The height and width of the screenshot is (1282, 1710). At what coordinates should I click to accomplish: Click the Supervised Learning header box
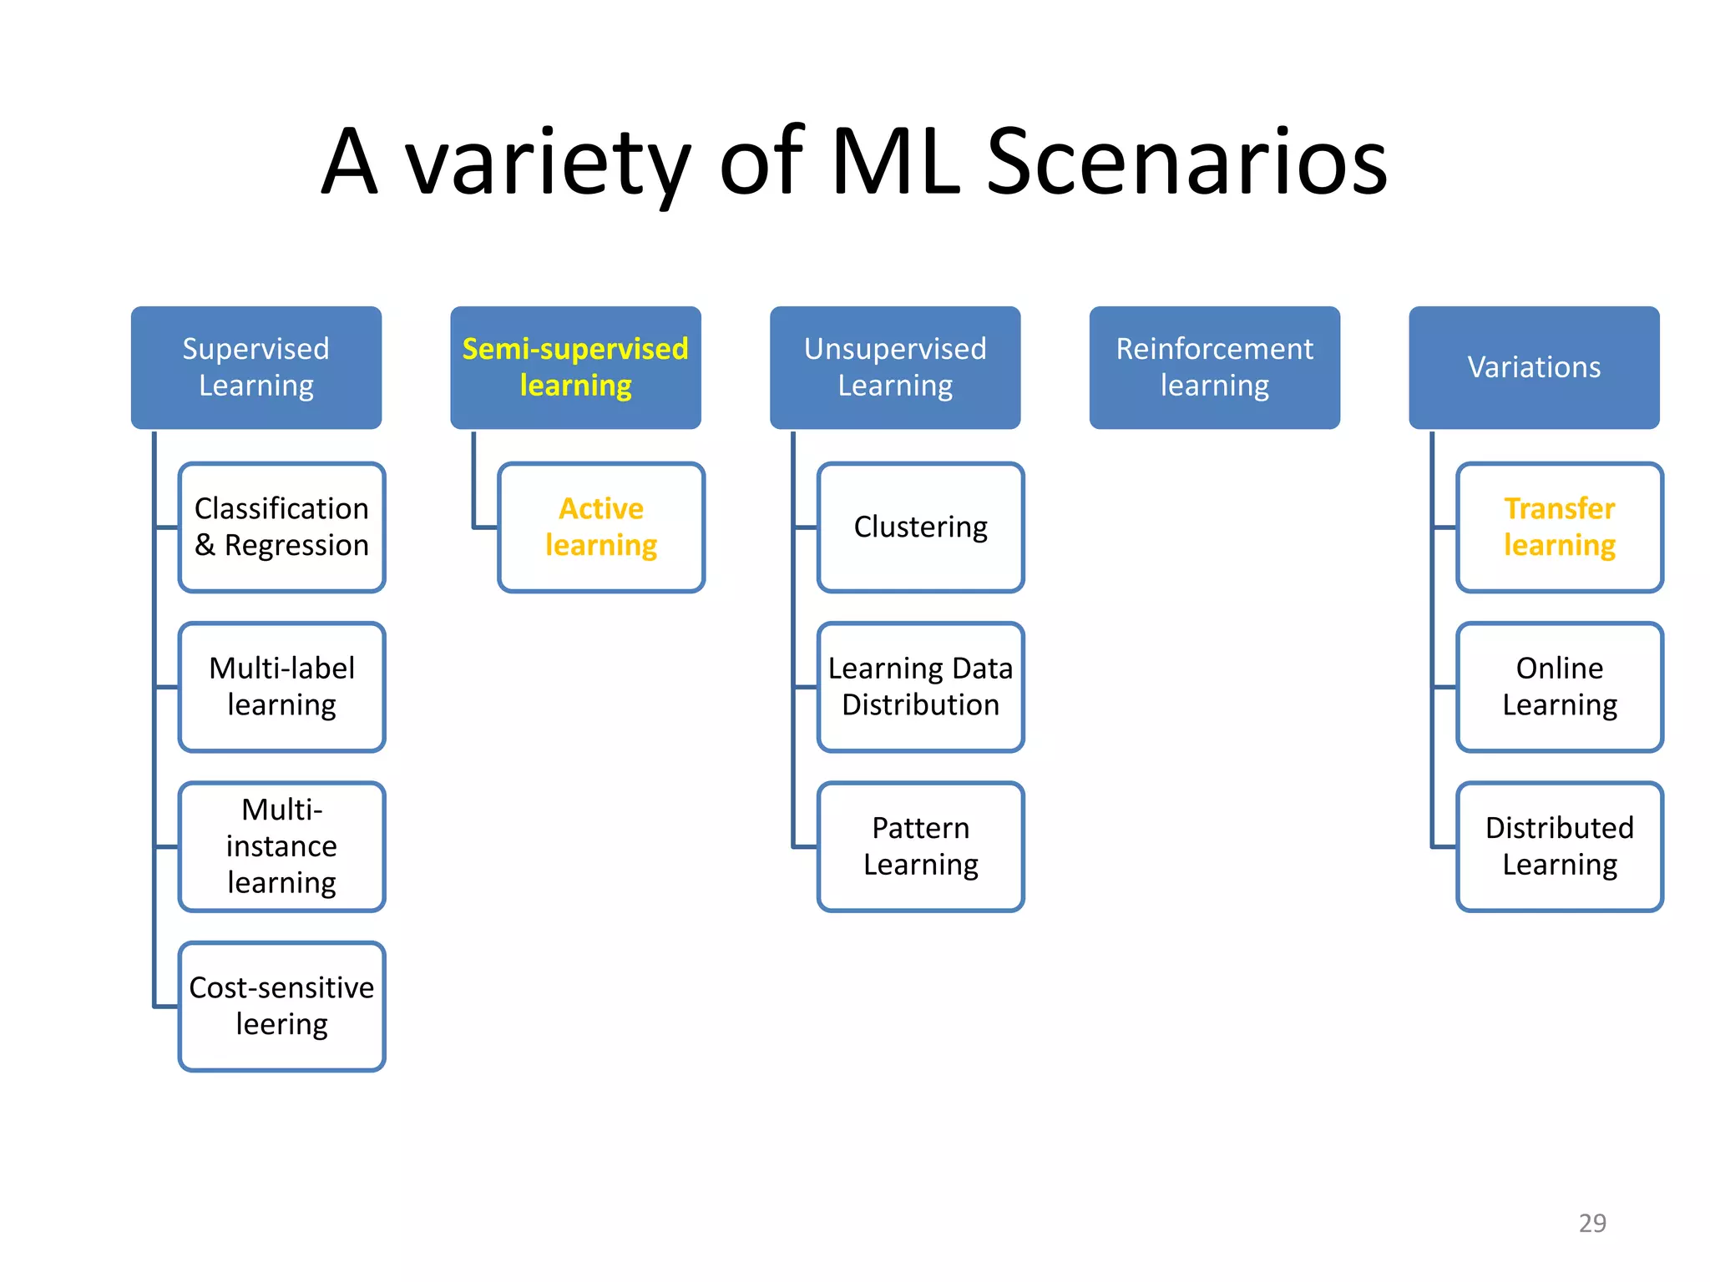pyautogui.click(x=256, y=367)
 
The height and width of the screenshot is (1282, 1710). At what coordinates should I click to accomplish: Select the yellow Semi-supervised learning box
pyautogui.click(x=575, y=367)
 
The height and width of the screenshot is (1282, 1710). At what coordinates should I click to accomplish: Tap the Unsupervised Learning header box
pyautogui.click(x=895, y=367)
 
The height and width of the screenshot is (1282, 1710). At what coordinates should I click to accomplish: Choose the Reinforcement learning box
pyautogui.click(x=1214, y=367)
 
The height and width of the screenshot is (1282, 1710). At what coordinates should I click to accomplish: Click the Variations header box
pyautogui.click(x=1534, y=367)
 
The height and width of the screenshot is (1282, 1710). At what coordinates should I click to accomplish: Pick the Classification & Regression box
pyautogui.click(x=282, y=527)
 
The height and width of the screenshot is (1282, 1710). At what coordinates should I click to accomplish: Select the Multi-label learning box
pyautogui.click(x=282, y=686)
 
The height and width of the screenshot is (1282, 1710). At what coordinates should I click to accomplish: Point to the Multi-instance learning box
pyautogui.click(x=282, y=846)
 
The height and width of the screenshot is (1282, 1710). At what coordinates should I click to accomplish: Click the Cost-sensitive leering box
pyautogui.click(x=282, y=1006)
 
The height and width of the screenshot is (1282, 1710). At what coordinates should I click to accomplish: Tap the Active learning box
pyautogui.click(x=601, y=527)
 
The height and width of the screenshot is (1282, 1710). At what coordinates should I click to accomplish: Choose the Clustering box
pyautogui.click(x=921, y=527)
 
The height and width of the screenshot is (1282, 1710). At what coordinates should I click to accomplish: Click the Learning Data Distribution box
pyautogui.click(x=921, y=686)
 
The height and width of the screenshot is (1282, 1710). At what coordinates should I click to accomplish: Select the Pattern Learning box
pyautogui.click(x=921, y=846)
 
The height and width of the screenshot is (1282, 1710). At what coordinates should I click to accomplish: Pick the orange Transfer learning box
pyautogui.click(x=1560, y=527)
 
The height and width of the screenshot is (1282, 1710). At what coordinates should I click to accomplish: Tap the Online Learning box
pyautogui.click(x=1560, y=686)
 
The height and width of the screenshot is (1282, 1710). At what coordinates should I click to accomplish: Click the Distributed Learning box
pyautogui.click(x=1560, y=846)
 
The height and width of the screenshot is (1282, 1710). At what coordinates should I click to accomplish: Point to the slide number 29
pyautogui.click(x=1592, y=1223)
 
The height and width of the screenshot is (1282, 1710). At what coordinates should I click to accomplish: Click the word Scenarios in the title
pyautogui.click(x=1186, y=162)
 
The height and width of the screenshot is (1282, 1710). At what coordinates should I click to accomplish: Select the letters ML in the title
pyautogui.click(x=895, y=162)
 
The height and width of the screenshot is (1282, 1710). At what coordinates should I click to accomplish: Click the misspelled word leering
pyautogui.click(x=282, y=1025)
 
